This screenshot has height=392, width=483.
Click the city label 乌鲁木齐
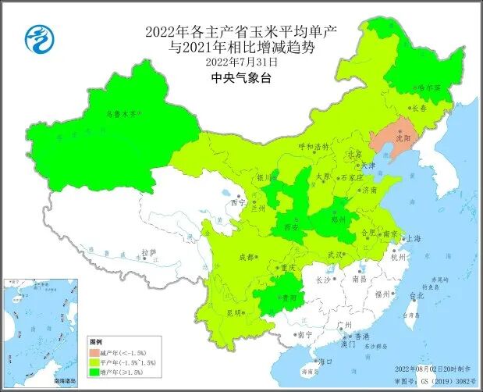click(121, 114)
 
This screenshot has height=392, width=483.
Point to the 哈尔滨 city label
click(428, 88)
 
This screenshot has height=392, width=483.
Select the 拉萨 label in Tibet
click(148, 252)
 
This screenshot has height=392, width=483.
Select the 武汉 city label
click(335, 255)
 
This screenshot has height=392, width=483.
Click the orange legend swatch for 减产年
click(98, 353)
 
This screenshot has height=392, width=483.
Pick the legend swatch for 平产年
click(98, 364)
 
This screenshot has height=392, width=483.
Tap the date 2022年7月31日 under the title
click(241, 62)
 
